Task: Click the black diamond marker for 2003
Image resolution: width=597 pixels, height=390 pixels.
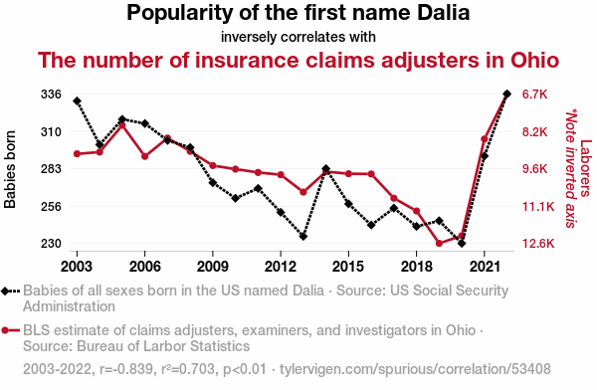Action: pos(77,100)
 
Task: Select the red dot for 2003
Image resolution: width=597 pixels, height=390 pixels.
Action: pos(77,154)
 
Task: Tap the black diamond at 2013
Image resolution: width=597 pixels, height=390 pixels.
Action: pos(303,237)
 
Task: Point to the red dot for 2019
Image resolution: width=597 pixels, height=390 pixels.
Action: pos(439,244)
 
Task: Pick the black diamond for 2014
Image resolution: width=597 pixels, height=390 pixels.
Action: pos(326,169)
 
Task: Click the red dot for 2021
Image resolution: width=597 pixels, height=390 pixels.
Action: pos(485,139)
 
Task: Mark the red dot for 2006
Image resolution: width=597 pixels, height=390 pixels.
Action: pos(144,156)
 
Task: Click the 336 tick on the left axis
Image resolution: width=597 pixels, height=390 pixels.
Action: pos(51,95)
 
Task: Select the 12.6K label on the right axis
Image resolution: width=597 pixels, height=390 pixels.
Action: pos(538,244)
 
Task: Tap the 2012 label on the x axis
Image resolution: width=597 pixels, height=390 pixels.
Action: pos(281,267)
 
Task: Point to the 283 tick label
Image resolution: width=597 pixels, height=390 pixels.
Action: pos(51,169)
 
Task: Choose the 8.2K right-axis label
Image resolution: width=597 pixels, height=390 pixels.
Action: pos(535,132)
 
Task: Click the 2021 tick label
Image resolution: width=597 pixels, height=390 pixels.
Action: pos(485,267)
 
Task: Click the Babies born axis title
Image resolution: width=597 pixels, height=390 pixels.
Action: pos(10,169)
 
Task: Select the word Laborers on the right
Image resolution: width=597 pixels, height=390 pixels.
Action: pos(586,168)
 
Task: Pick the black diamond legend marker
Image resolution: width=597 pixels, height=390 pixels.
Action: pos(5,292)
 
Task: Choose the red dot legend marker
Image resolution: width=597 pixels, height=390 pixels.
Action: pos(5,330)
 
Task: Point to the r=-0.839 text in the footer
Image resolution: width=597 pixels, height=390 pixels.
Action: pos(126,369)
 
